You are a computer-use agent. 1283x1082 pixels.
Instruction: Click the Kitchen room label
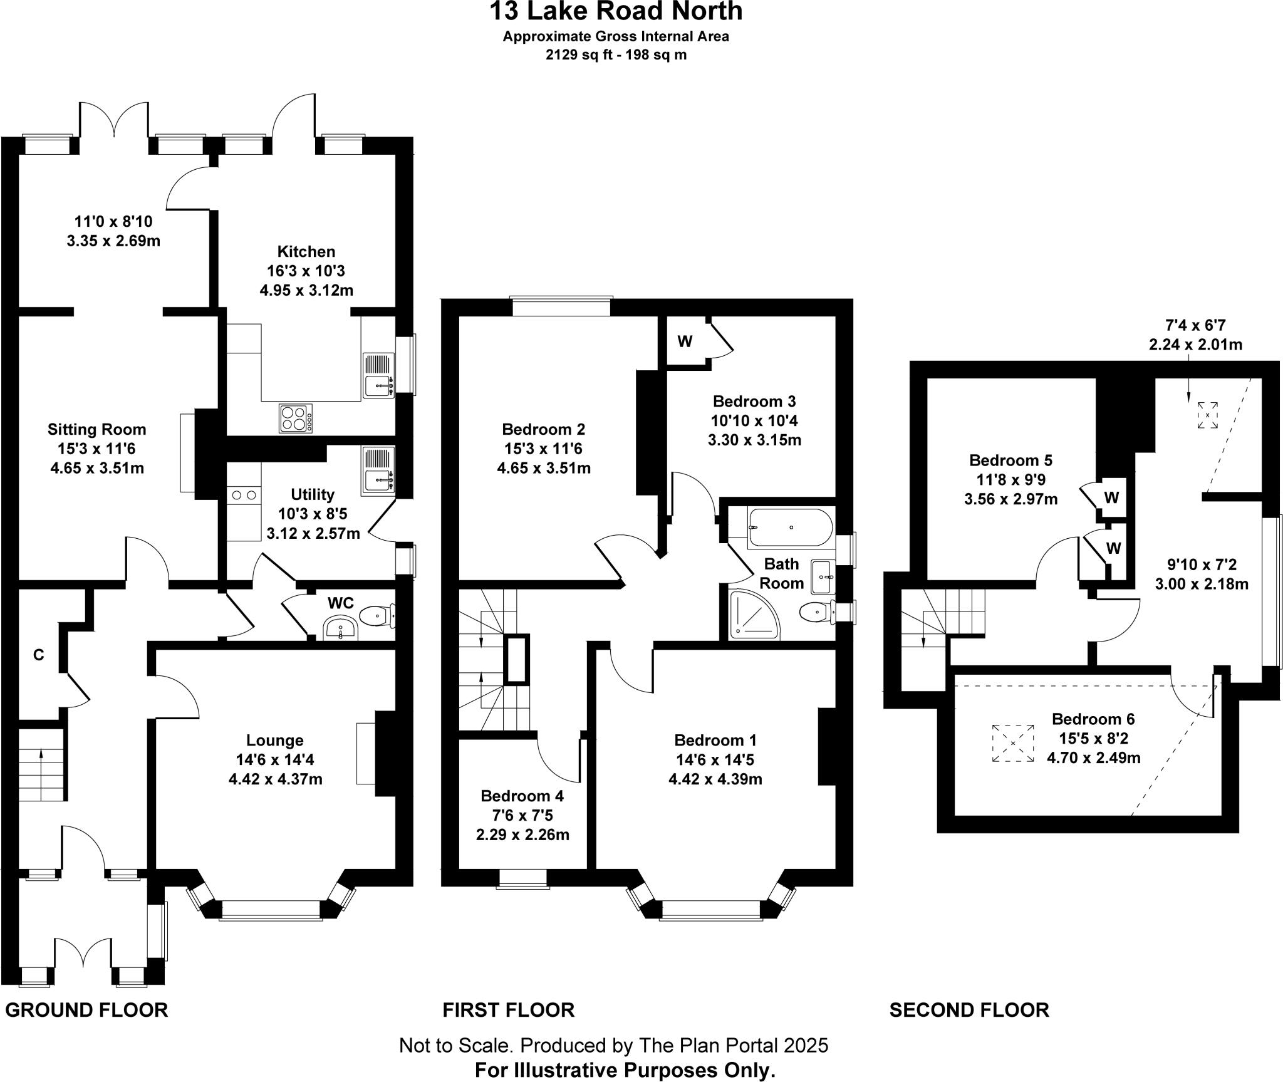point(306,252)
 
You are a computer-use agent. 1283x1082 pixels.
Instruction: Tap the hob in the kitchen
point(296,419)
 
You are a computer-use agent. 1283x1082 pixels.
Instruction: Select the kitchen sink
point(379,375)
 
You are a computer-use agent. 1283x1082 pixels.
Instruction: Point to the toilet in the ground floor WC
point(380,615)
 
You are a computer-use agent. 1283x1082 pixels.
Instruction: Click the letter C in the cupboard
point(39,655)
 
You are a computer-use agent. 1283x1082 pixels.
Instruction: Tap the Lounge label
point(274,741)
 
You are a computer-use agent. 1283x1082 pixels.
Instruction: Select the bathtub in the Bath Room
point(791,528)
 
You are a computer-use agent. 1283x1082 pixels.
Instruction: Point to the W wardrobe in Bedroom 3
point(685,341)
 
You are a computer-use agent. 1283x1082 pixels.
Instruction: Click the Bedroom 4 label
point(522,796)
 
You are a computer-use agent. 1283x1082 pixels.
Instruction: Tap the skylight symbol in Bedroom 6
point(1013,744)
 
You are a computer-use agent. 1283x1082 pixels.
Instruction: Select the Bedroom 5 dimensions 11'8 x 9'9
point(1010,480)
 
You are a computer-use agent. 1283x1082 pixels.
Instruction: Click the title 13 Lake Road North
point(616,11)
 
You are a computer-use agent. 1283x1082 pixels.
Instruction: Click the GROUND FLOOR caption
point(86,1010)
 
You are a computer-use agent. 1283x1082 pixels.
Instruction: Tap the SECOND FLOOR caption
point(969,1010)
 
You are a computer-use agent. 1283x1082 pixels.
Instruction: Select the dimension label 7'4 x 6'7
point(1195,325)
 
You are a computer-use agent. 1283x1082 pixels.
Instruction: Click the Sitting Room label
point(97,430)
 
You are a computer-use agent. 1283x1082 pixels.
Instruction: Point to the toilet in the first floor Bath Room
point(816,610)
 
